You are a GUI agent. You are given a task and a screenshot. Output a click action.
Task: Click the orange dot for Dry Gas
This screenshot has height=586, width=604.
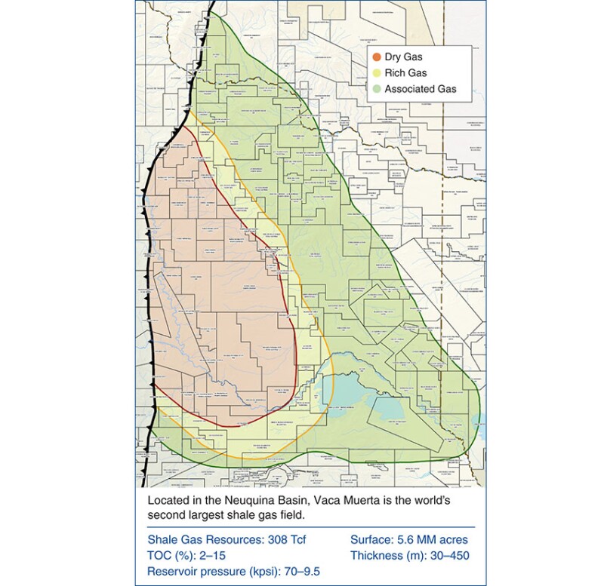[378, 57]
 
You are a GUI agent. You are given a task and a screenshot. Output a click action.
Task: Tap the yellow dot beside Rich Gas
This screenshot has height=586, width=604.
[378, 73]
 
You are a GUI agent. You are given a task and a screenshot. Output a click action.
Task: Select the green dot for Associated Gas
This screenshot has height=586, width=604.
[378, 90]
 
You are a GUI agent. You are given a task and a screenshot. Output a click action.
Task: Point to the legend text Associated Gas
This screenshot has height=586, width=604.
[424, 90]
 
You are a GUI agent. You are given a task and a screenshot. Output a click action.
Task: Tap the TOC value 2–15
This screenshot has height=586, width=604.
[218, 556]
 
